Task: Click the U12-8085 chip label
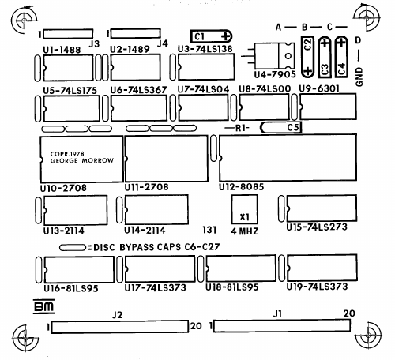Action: click(241, 187)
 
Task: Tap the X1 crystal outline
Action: click(244, 195)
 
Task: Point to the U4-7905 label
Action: click(275, 75)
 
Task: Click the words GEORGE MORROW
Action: click(82, 160)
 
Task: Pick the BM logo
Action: click(44, 306)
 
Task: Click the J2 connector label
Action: click(117, 315)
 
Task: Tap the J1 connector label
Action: click(277, 313)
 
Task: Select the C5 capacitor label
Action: click(293, 127)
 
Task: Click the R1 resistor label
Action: click(241, 128)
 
